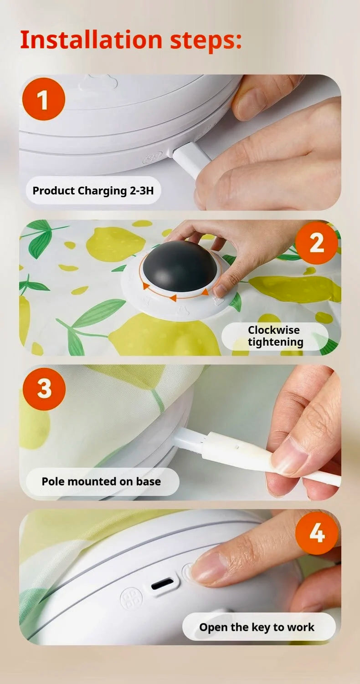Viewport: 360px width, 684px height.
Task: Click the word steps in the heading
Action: [205, 40]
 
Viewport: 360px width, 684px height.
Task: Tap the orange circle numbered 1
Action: [44, 99]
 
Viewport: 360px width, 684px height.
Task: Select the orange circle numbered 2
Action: [316, 243]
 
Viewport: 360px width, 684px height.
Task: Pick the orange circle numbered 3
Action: [44, 388]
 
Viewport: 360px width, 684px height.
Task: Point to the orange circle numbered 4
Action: [316, 533]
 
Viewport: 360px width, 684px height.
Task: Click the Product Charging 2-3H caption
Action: [93, 190]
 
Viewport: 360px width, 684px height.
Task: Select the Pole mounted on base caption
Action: [101, 481]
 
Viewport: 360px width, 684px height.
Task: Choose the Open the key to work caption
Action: [257, 627]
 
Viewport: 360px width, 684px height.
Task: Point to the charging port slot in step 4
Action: [163, 583]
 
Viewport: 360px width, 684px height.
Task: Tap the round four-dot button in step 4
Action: [131, 598]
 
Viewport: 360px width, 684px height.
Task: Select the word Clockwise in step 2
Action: [273, 330]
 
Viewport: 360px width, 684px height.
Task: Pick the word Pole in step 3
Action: [52, 481]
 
